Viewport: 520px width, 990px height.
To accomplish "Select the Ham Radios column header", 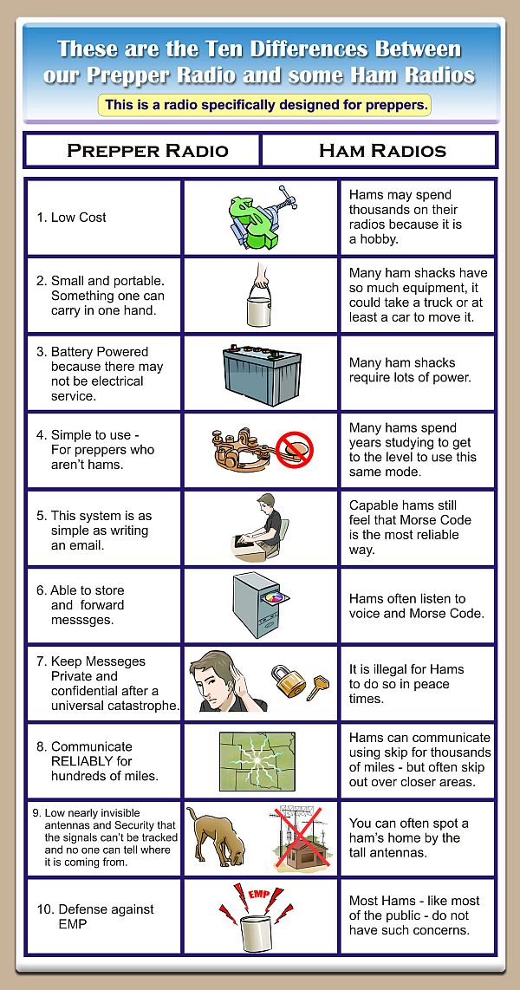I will (382, 150).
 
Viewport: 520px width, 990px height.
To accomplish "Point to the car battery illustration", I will (260, 374).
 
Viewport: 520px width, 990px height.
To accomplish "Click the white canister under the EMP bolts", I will (259, 932).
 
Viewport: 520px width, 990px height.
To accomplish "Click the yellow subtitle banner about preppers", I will (264, 106).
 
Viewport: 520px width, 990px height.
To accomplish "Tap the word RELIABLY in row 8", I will (86, 761).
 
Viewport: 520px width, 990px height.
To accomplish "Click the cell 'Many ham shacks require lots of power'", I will (409, 370).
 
